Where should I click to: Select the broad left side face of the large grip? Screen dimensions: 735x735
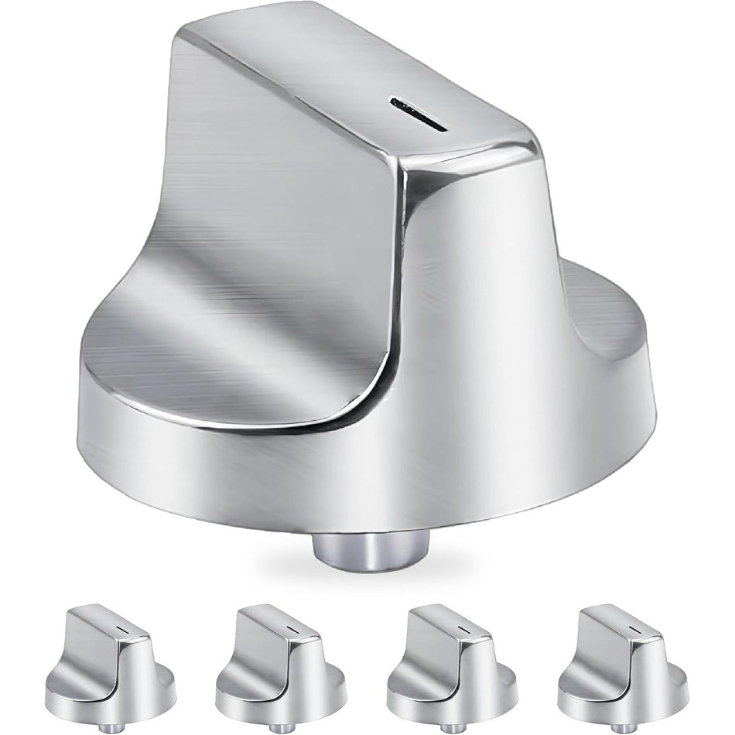pos(255,217)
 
